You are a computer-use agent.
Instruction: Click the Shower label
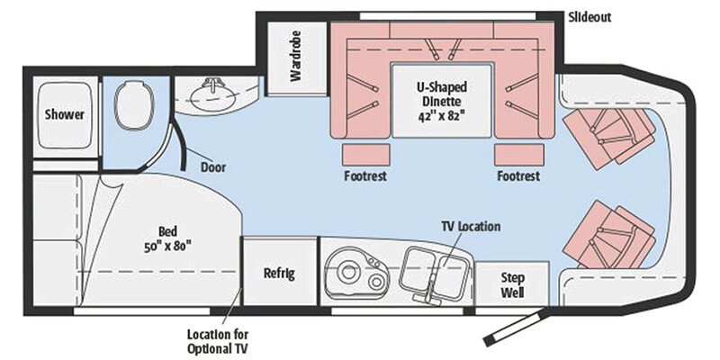click(x=65, y=114)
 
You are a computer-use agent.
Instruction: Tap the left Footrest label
click(x=365, y=175)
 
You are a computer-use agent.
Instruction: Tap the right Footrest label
click(x=518, y=175)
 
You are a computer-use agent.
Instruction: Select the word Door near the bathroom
click(x=213, y=166)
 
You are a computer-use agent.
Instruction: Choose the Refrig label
click(x=279, y=273)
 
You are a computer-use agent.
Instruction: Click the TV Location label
click(x=470, y=226)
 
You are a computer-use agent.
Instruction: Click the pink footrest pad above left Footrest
click(x=365, y=152)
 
